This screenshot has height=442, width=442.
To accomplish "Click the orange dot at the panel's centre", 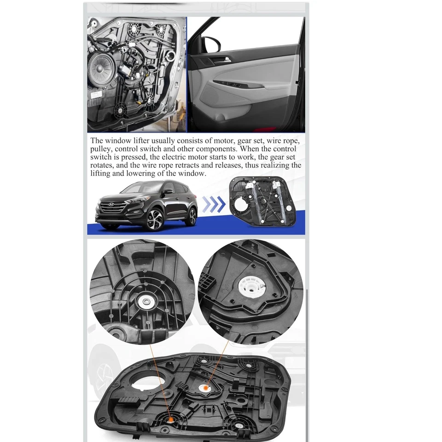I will pos(205,389).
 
